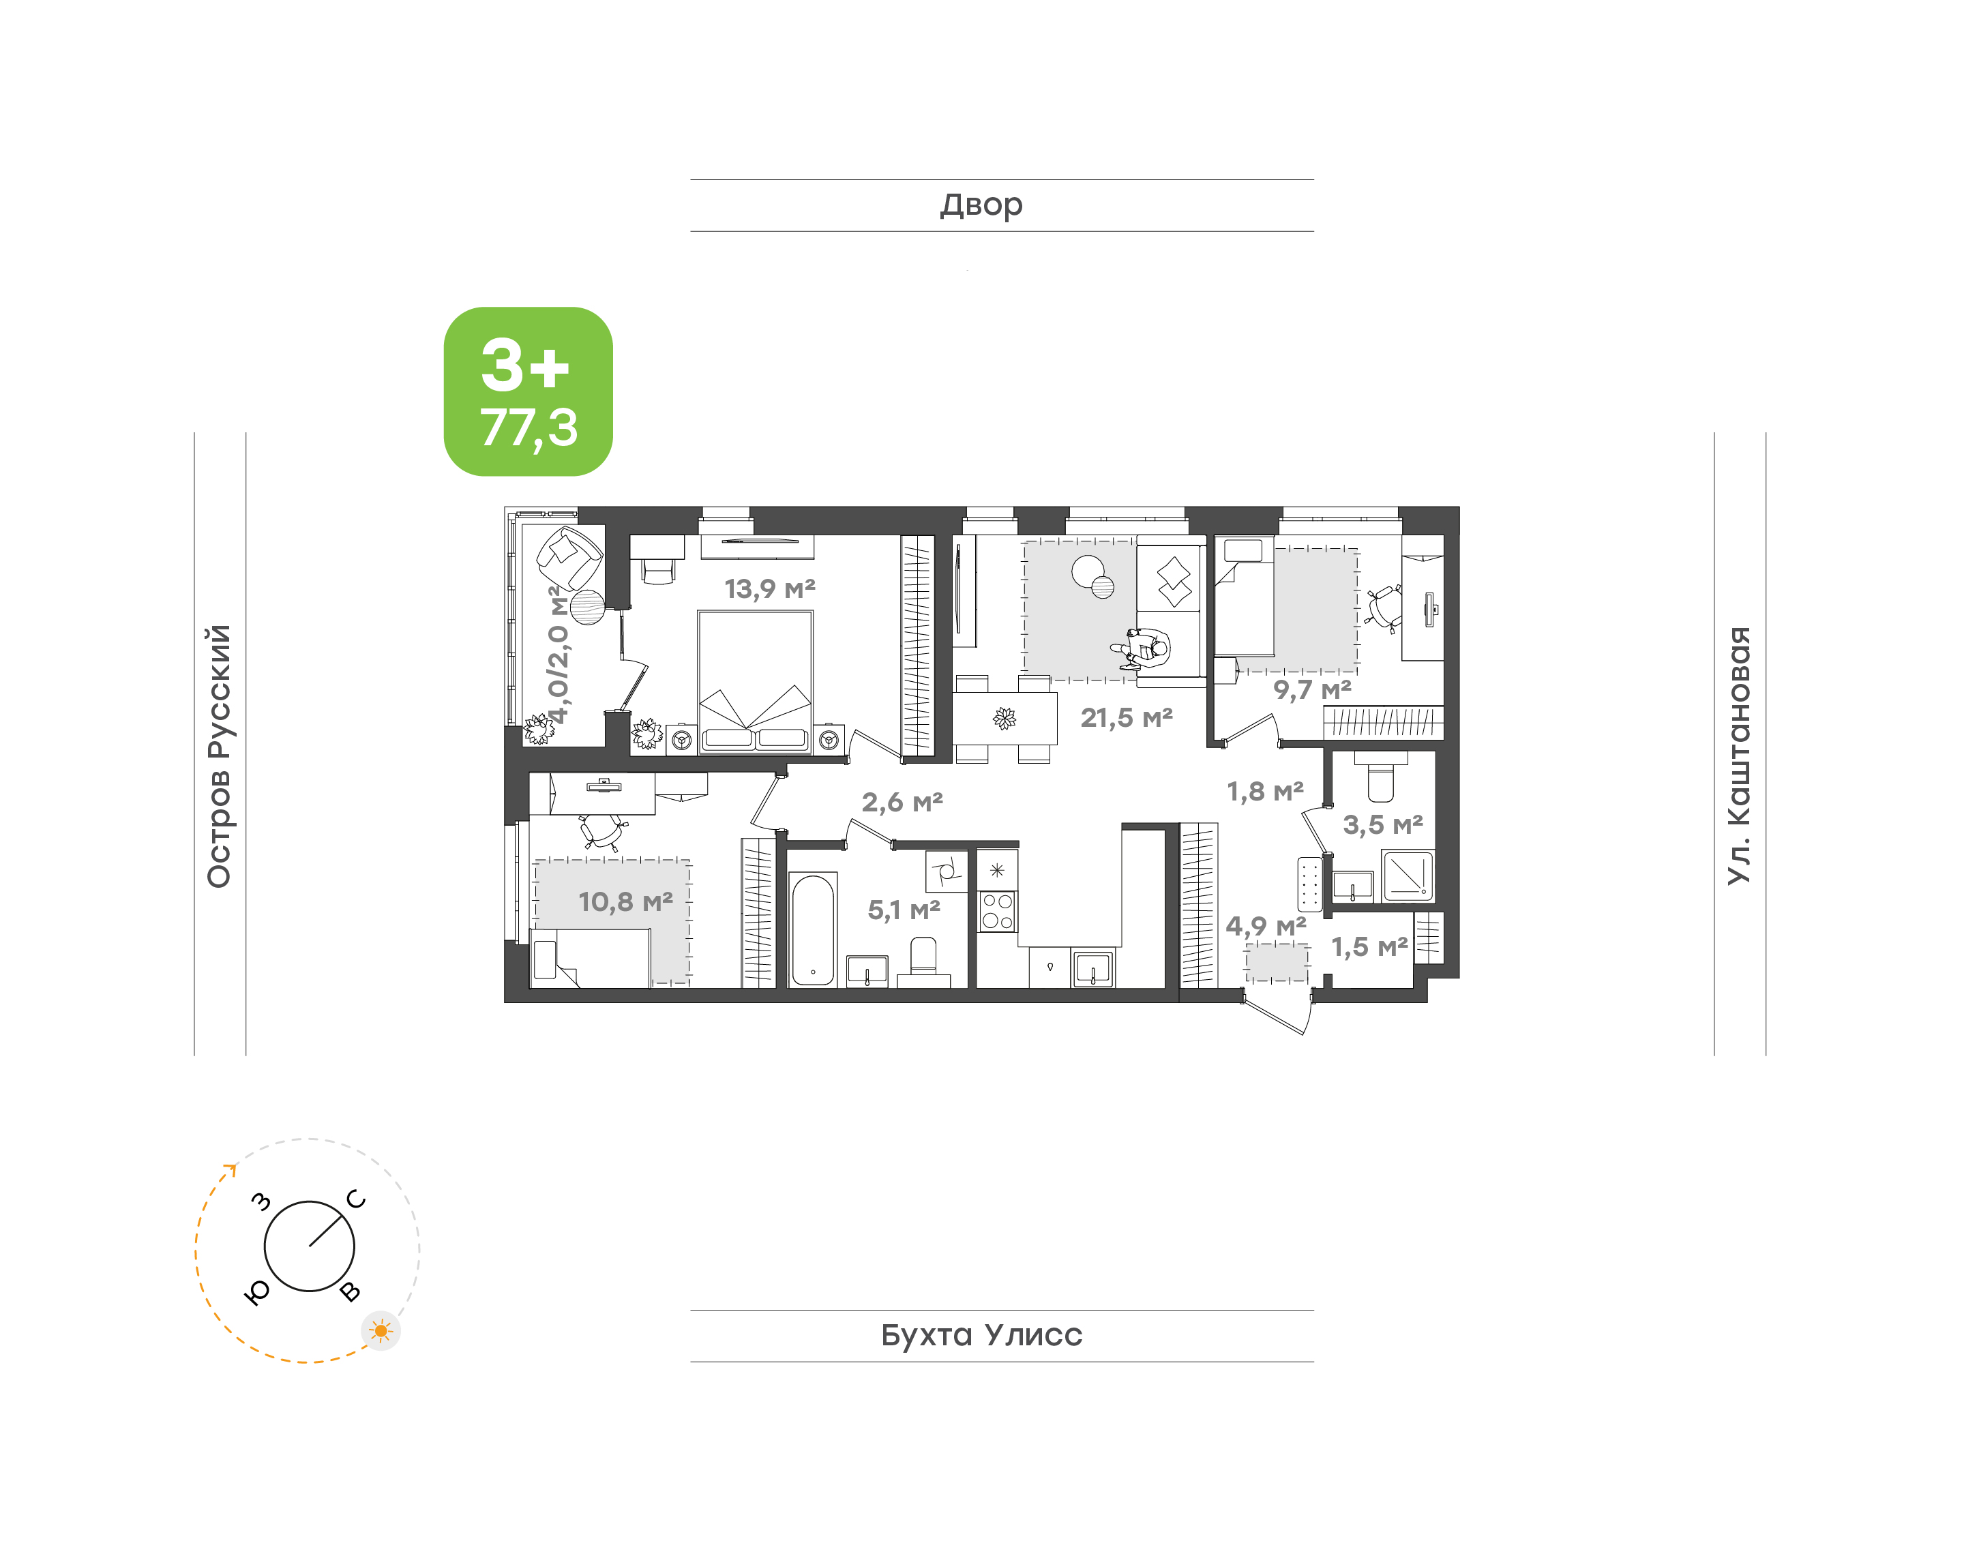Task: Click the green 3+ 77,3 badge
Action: [x=528, y=391]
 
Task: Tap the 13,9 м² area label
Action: [x=769, y=589]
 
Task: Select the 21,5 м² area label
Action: [x=1127, y=718]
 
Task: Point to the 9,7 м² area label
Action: [x=1312, y=690]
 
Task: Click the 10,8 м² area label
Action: [x=625, y=901]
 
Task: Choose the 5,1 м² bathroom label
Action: [x=904, y=910]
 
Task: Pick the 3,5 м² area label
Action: [x=1383, y=824]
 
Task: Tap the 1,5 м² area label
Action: [x=1369, y=946]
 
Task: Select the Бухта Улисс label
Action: [x=981, y=1335]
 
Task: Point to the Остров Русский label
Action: [x=219, y=756]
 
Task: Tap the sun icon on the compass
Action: [x=381, y=1331]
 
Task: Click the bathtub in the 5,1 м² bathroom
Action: [x=813, y=929]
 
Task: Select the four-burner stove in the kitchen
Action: [x=997, y=910]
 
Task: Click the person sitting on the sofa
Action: [x=1142, y=648]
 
